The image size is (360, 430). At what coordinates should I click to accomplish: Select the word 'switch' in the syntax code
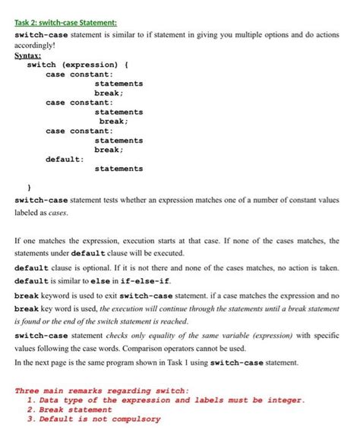[42, 65]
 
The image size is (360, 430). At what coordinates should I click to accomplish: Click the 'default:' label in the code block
[65, 159]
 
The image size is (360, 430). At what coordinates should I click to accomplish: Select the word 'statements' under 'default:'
[118, 169]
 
